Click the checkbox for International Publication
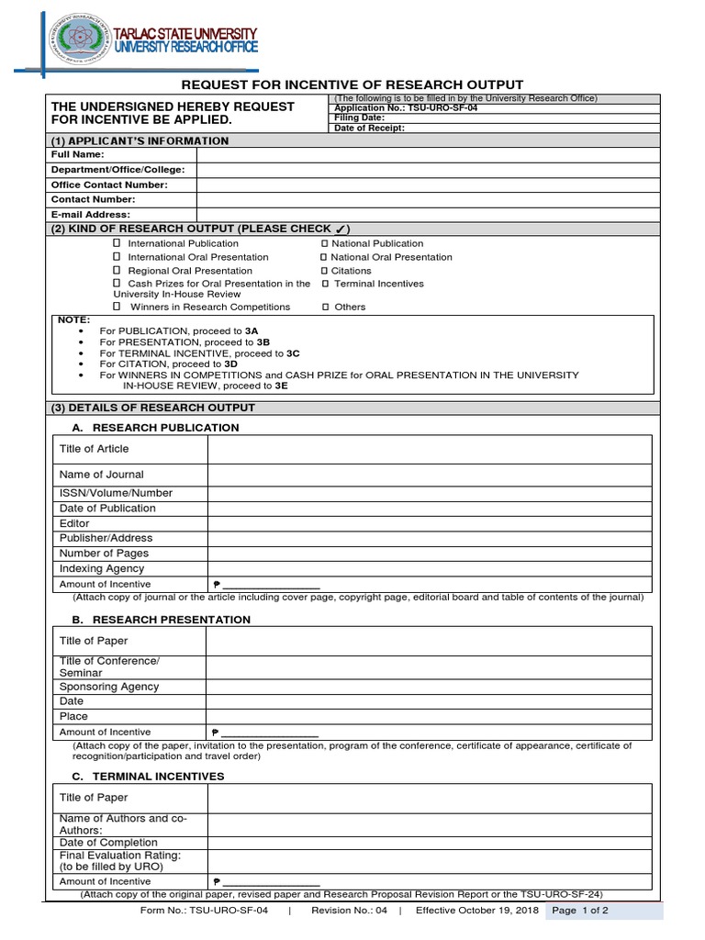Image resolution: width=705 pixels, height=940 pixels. (117, 243)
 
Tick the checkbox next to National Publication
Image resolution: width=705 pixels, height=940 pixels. (324, 243)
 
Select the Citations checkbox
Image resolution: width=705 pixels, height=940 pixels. (324, 271)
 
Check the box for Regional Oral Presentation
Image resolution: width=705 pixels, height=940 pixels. (117, 271)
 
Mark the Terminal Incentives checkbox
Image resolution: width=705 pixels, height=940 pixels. (324, 284)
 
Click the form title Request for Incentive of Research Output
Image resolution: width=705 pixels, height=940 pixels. (352, 84)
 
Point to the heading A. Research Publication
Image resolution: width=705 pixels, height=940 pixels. (155, 428)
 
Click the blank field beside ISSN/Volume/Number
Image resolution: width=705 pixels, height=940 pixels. (429, 493)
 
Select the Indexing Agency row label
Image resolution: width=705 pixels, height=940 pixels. (102, 568)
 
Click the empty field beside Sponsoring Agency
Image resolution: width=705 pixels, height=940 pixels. (429, 687)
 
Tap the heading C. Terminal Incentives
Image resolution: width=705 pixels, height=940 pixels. (148, 776)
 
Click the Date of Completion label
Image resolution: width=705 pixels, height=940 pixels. (108, 842)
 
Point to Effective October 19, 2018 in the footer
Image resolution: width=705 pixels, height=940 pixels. (476, 911)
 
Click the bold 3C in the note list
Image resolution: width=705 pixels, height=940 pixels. (293, 352)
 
